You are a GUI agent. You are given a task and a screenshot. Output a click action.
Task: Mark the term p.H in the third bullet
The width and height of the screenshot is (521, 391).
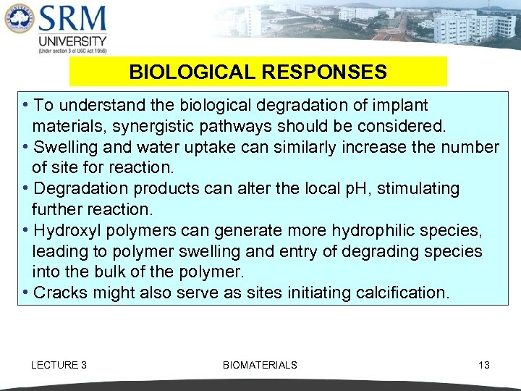341,189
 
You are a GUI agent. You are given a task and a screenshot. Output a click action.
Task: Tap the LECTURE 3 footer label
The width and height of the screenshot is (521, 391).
59,365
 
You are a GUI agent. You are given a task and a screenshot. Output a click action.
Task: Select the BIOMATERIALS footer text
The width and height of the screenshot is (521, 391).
260,365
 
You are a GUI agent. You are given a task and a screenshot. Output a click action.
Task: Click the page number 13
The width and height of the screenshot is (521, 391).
484,365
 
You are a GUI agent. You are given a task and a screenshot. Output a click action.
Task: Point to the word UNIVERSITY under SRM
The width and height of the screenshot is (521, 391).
72,41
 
